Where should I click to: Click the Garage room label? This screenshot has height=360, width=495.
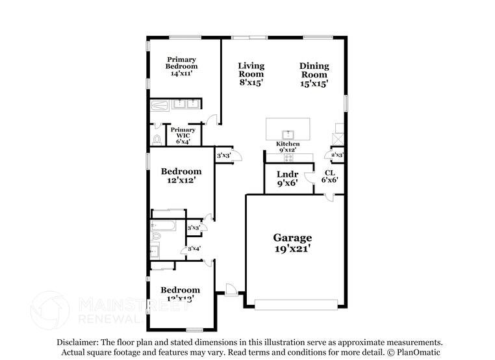pos(292,238)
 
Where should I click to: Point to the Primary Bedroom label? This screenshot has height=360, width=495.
pos(181,63)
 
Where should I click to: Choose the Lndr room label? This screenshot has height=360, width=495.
pos(288,174)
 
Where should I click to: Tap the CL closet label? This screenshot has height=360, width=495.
pos(329,173)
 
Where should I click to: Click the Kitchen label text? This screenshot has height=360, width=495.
pos(288,144)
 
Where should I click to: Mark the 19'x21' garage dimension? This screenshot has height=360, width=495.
pos(292,248)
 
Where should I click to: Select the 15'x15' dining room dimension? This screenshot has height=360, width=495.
pos(314,83)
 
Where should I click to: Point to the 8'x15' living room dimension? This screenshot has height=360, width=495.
pos(251,83)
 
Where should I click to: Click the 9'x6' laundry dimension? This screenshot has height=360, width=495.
pos(288,184)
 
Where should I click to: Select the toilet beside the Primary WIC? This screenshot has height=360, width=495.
pos(157,138)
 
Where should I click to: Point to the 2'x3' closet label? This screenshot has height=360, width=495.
pos(337,155)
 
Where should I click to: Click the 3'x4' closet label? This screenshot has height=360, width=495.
pos(194,249)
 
